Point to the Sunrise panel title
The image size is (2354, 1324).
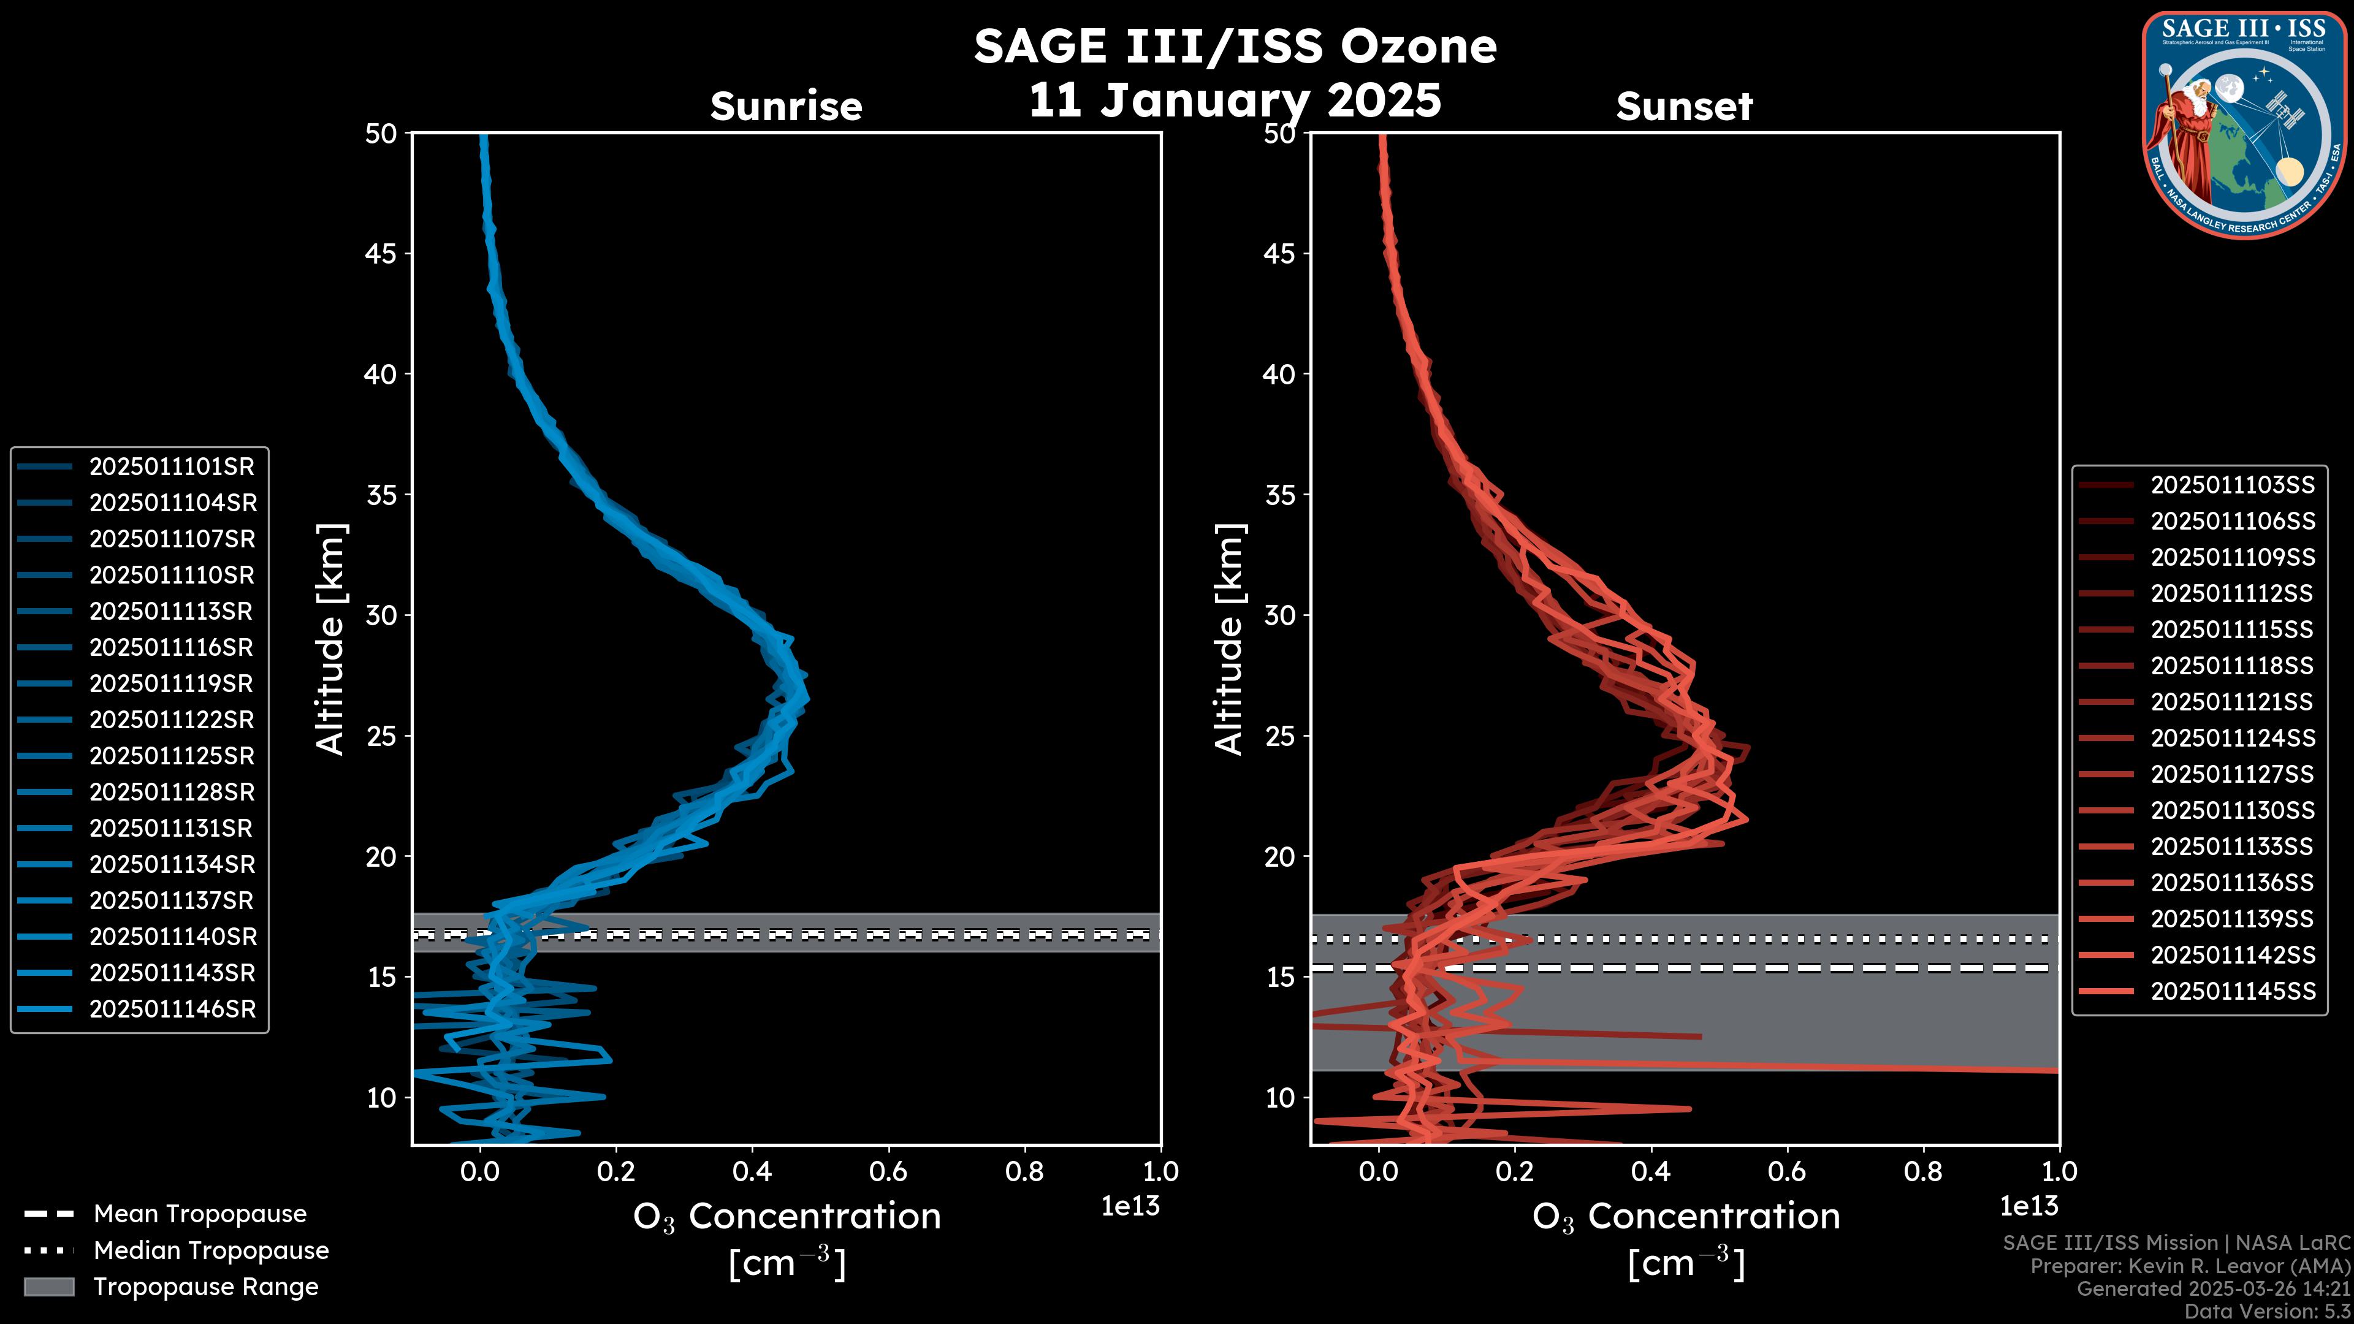click(x=786, y=107)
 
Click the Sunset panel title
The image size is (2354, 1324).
click(x=1684, y=107)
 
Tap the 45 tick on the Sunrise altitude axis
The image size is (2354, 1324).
click(x=380, y=254)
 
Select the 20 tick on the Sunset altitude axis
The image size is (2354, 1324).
click(x=1279, y=857)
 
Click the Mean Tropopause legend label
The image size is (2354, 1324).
click(x=200, y=1214)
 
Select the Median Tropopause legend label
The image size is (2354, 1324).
click(x=211, y=1251)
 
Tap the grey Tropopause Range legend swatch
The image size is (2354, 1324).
click(x=48, y=1287)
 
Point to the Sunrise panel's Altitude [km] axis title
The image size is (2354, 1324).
click(x=331, y=639)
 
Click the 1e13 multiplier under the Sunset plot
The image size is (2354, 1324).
click(x=2028, y=1207)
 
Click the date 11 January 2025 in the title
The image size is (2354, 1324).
click(x=1235, y=101)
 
